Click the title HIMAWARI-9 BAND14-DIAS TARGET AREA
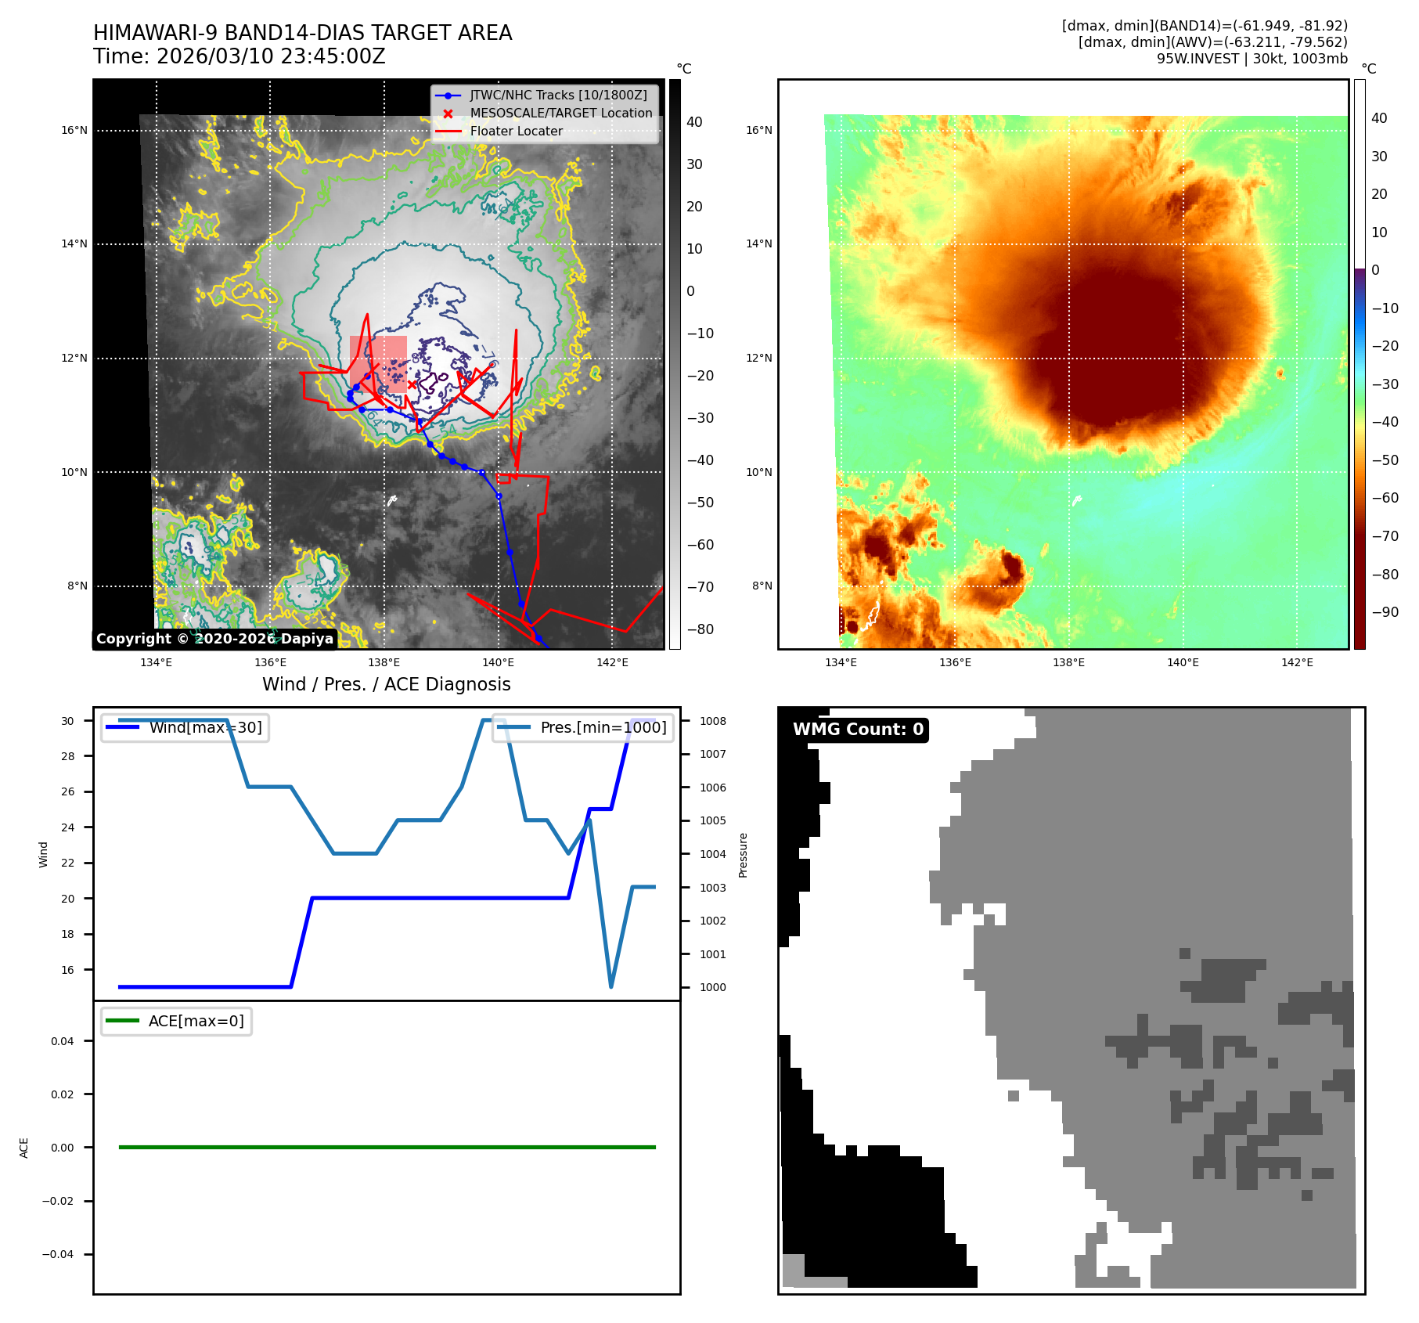[x=302, y=33]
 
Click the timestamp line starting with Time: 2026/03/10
[x=239, y=56]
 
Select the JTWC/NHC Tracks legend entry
[x=558, y=95]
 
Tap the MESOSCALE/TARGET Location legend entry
[x=560, y=113]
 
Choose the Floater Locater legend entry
[x=516, y=131]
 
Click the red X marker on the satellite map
[x=412, y=384]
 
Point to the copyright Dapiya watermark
[x=214, y=639]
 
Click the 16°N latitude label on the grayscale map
[x=74, y=130]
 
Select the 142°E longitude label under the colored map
[x=1297, y=662]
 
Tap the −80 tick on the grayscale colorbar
[x=700, y=629]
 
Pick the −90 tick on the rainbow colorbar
[x=1385, y=612]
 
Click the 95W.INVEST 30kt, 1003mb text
[x=1252, y=59]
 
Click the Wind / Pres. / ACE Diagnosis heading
[x=386, y=684]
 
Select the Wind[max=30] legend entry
[x=205, y=727]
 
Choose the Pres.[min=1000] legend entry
[x=603, y=727]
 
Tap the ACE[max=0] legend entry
[x=196, y=1021]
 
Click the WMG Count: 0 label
[x=858, y=729]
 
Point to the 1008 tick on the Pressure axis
[x=712, y=721]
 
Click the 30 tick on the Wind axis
[x=68, y=721]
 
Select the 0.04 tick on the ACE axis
[x=62, y=1041]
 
